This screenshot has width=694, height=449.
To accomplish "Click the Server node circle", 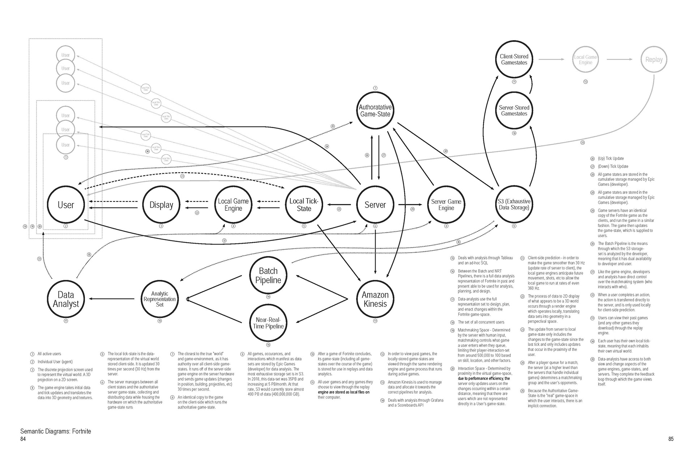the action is (375, 205).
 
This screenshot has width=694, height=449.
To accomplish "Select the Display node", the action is (161, 205).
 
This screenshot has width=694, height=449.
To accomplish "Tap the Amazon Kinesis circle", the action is (375, 299).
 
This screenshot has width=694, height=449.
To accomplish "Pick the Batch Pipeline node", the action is (268, 275).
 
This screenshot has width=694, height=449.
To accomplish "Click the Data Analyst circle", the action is (66, 299).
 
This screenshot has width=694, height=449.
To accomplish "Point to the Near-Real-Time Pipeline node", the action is (268, 323).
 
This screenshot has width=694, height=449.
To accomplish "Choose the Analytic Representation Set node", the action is (159, 299).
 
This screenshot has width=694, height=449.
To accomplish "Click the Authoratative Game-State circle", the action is (375, 111).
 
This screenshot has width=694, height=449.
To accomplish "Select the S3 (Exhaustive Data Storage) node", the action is (514, 205).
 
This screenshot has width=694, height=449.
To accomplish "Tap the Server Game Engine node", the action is (446, 205).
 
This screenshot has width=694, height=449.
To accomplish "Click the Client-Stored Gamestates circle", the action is (514, 59).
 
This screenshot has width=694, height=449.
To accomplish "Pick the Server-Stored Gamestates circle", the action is (514, 111).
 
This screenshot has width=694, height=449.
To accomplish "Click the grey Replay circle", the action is (654, 59).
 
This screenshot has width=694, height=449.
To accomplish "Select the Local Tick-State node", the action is (304, 205).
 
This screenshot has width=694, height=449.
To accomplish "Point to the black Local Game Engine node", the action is (233, 205).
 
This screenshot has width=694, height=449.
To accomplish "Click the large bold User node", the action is (66, 205).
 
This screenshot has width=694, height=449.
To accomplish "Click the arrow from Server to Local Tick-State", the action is (339, 205).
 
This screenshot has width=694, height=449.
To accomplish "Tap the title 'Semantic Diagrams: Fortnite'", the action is (56, 431).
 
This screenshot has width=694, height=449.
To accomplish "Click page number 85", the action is (671, 439).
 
